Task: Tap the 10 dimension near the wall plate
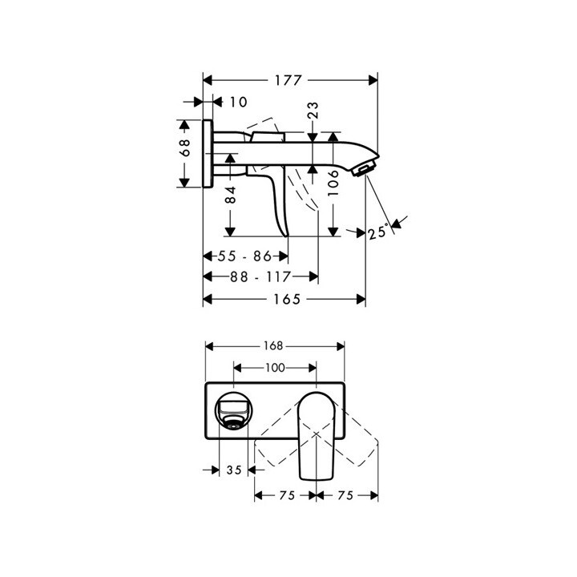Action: click(238, 102)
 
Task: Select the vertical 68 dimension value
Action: click(184, 147)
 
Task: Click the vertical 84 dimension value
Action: click(230, 195)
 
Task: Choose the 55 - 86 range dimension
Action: click(244, 256)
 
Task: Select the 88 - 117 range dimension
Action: click(260, 276)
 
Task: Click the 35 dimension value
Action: click(234, 471)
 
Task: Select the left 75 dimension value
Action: click(285, 495)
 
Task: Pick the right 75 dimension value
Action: click(346, 495)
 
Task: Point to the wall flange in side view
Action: click(208, 152)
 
